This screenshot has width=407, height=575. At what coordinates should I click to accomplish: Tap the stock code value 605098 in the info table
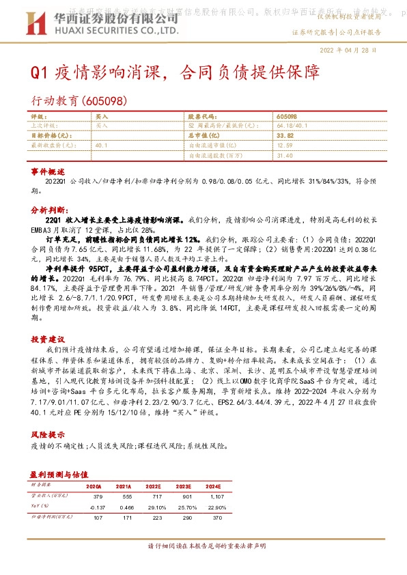tap(287, 117)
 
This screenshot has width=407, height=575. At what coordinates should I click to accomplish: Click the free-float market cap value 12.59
tap(285, 145)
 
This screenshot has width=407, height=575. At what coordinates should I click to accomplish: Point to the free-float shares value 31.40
tap(285, 155)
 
